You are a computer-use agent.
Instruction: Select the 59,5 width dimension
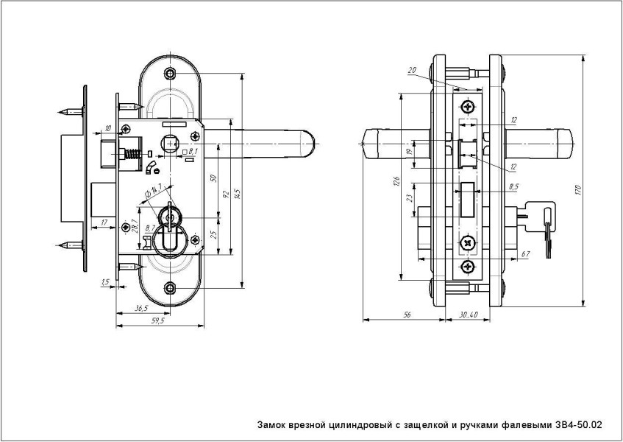point(157,321)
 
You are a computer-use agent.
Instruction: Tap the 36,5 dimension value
point(142,308)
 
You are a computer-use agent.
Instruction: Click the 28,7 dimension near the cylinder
point(135,226)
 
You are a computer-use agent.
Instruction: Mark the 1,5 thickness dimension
point(106,281)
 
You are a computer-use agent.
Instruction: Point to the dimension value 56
point(407,315)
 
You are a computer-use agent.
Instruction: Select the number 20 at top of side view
point(411,71)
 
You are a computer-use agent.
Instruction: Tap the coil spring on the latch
point(132,155)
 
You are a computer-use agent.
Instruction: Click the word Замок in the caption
point(272,425)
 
